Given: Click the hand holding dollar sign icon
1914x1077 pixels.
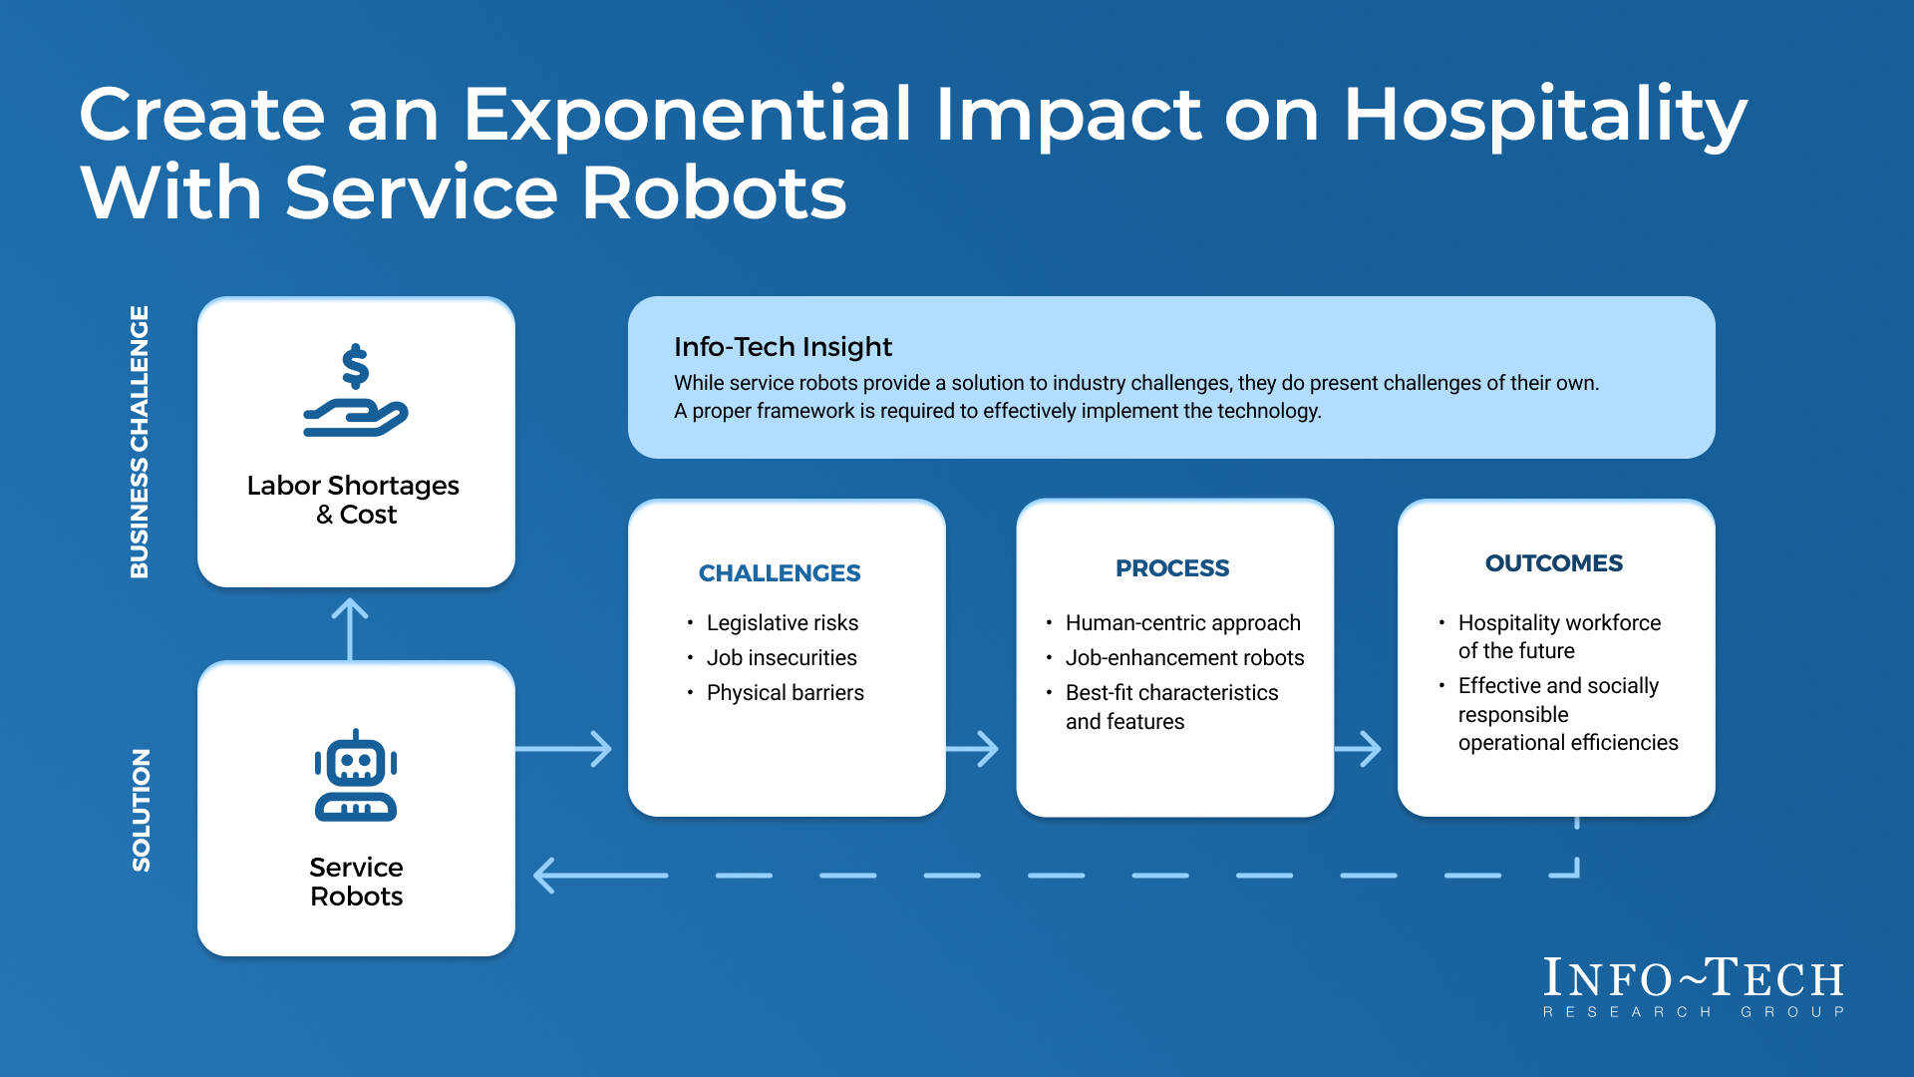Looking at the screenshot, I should (x=356, y=391).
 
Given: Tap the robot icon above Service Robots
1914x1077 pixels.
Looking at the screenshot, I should (x=356, y=776).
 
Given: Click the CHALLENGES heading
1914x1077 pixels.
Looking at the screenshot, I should (x=779, y=573).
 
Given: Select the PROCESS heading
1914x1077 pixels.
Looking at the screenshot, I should (x=1171, y=568).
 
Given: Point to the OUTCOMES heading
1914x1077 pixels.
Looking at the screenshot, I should (x=1553, y=563).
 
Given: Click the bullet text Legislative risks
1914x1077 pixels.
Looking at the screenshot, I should (x=782, y=623).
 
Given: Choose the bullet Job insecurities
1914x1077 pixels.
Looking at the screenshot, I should (x=781, y=658).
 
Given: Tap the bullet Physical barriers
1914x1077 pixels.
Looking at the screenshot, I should (x=785, y=693).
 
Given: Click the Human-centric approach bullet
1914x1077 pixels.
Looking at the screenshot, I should (x=1182, y=623).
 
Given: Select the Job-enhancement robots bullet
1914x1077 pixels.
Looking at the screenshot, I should (x=1184, y=658).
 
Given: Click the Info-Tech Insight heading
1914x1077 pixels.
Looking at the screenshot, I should (x=783, y=347).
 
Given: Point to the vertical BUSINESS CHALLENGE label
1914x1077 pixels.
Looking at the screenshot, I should (x=140, y=442).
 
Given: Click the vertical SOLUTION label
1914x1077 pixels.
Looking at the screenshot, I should (x=142, y=810).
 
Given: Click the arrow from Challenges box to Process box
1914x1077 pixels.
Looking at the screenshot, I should (x=973, y=749).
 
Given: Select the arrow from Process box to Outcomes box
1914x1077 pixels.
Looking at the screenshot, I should (x=1359, y=749).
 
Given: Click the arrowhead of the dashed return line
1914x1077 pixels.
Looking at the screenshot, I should (x=546, y=876).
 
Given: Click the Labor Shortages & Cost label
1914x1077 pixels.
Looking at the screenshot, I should (x=353, y=500).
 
